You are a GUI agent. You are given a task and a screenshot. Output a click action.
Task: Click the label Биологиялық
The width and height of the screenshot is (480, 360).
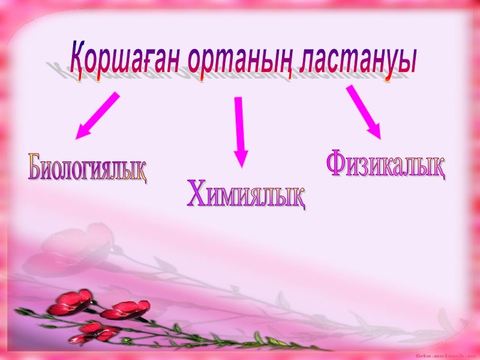coord(88,169)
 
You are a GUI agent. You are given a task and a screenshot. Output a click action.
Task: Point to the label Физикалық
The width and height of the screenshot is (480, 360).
coord(385,164)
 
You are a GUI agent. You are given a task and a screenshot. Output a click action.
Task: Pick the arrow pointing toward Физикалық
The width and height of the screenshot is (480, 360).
coord(364,112)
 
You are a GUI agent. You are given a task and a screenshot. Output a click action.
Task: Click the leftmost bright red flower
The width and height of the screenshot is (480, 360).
coord(70,302)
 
